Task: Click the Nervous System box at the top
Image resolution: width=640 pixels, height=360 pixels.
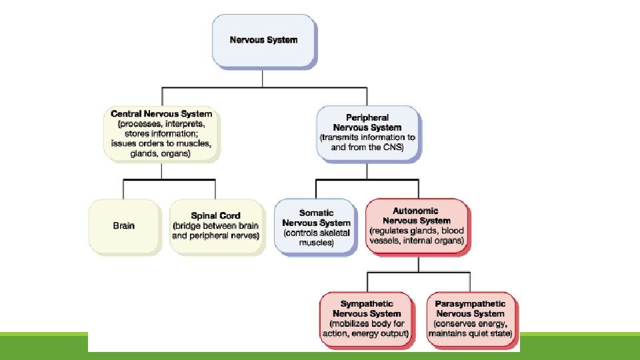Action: click(263, 40)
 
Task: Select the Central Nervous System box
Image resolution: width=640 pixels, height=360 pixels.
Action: click(161, 133)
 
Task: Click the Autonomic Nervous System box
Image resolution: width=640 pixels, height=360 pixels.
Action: click(417, 225)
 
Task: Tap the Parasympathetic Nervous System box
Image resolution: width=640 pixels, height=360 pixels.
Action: click(471, 319)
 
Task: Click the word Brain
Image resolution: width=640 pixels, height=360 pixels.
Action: click(124, 225)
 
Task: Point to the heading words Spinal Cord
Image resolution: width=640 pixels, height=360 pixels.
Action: click(215, 216)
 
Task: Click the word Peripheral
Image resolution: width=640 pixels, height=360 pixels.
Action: click(368, 117)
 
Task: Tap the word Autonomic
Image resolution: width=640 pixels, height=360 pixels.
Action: click(417, 211)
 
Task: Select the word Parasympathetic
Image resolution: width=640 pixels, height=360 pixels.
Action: click(471, 304)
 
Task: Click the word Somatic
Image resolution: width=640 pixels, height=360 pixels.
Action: click(316, 213)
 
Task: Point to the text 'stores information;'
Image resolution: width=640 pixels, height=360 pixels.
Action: click(161, 133)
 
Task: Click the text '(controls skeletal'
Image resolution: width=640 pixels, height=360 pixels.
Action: click(316, 233)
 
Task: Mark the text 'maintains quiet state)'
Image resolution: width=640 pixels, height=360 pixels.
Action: click(471, 333)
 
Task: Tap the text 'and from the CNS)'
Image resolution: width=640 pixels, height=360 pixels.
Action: click(368, 147)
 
